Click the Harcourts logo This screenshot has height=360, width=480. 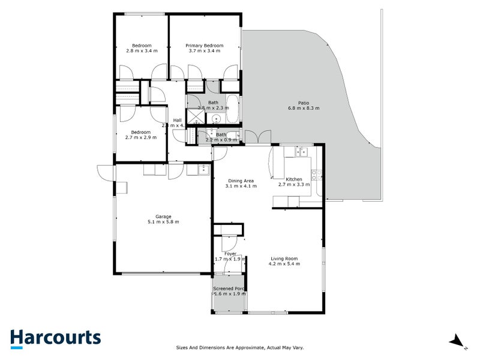point(55,338)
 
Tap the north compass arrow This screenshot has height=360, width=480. point(458,341)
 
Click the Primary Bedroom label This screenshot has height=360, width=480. point(204,46)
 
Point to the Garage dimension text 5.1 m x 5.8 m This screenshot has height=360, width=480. point(163,222)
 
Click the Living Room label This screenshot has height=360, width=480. point(283,259)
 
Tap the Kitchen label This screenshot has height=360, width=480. point(294,179)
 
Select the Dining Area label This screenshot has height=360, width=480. point(241,181)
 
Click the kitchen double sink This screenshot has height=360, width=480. point(301,151)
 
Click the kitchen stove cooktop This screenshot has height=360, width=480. point(314,175)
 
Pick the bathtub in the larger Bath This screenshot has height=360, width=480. point(233,107)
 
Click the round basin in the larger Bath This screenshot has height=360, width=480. point(213,118)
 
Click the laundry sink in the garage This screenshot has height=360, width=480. point(203,170)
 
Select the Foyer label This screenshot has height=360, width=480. point(230,254)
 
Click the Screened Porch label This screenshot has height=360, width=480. point(228,289)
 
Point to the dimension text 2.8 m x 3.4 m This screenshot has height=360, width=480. point(142,51)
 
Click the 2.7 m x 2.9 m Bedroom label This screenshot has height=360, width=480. point(141,132)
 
